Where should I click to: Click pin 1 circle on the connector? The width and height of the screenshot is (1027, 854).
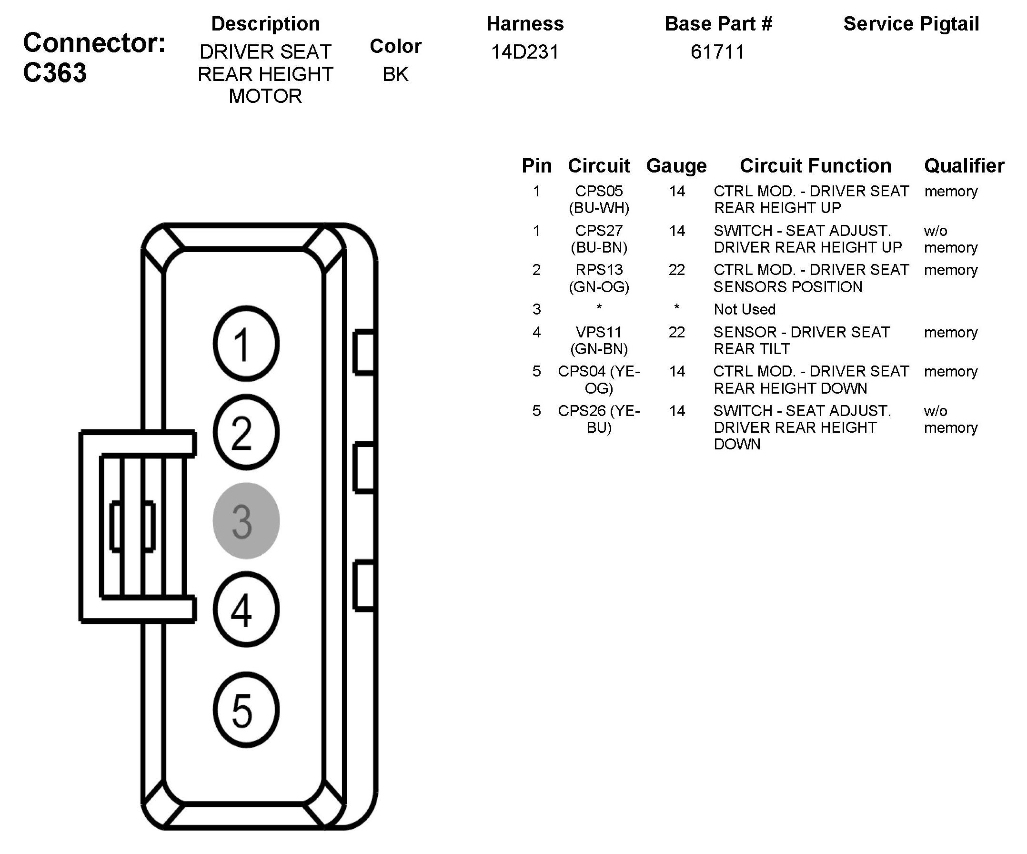click(246, 344)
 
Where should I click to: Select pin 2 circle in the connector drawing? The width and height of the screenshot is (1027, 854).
click(246, 432)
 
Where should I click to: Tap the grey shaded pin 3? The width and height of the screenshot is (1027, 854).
click(246, 521)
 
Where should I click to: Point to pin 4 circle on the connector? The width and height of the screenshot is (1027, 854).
click(246, 610)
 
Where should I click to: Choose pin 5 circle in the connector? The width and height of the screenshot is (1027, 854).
click(246, 710)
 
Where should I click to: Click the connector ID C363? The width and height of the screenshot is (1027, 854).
click(55, 73)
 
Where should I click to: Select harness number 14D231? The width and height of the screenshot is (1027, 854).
click(525, 52)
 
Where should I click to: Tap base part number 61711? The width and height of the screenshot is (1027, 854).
click(717, 52)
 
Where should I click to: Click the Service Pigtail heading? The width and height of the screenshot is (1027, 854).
click(911, 24)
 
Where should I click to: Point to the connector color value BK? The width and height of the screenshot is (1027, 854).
click(395, 74)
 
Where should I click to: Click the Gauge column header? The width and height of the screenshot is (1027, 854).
click(676, 166)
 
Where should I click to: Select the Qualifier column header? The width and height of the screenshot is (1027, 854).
click(964, 166)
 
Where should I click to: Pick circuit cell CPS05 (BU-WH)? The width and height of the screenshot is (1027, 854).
click(599, 199)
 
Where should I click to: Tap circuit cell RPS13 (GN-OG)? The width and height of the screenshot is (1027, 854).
click(599, 278)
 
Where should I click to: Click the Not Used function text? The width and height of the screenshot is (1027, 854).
click(745, 309)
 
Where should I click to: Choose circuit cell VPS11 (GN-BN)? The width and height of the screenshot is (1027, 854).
click(599, 340)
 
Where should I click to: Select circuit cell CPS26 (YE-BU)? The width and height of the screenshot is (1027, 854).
click(599, 419)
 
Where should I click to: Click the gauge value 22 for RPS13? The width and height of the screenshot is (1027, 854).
click(677, 270)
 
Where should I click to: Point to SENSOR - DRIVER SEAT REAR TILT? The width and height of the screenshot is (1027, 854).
click(801, 340)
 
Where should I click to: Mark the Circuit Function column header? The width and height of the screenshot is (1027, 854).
click(815, 166)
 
